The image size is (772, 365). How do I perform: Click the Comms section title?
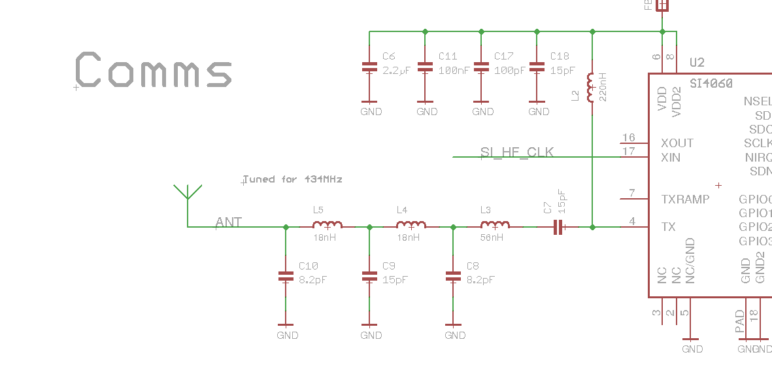154,69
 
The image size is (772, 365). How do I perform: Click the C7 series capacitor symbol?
558,227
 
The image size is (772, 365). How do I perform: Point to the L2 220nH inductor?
592,88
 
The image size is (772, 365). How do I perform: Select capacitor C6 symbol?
369,67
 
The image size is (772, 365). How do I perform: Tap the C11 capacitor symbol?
426,67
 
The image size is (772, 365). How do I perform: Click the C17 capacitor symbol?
482,67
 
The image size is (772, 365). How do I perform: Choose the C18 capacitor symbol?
537,67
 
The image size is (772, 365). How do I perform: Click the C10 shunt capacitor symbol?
286,277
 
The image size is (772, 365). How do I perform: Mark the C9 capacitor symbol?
369,277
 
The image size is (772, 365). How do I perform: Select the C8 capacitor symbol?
453,277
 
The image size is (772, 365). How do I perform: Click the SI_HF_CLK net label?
517,152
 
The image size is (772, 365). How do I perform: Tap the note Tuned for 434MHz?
293,179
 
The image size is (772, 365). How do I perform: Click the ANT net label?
229,222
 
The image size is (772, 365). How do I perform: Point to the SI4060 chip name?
711,84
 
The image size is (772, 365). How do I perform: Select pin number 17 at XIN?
629,152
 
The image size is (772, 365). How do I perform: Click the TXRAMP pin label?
685,199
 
